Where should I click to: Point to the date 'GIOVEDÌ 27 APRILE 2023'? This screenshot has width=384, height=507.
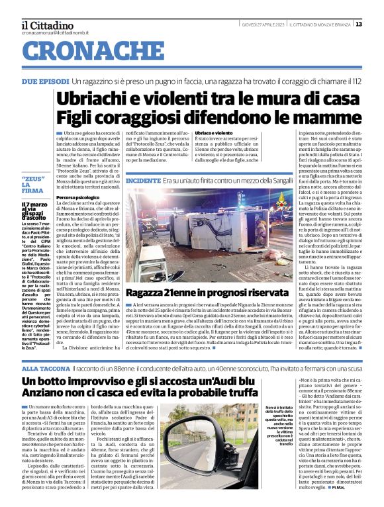tap(263, 24)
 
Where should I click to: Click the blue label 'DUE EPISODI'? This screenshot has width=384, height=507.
tap(44, 81)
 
